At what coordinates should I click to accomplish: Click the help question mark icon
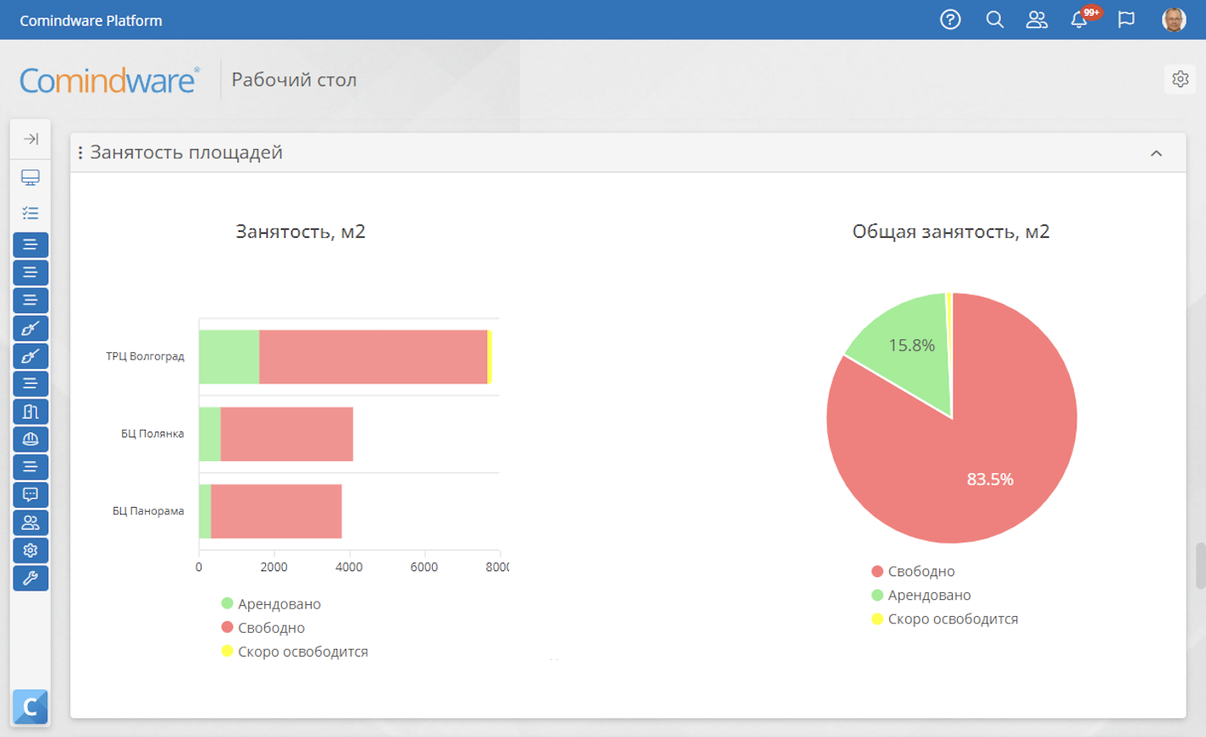(x=950, y=20)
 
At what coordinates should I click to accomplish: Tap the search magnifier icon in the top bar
(x=994, y=20)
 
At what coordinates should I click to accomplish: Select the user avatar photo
(x=1174, y=20)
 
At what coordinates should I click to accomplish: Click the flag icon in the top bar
(x=1126, y=20)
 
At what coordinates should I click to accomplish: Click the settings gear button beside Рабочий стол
(x=1180, y=79)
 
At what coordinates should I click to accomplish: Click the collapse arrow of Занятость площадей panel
(x=1157, y=153)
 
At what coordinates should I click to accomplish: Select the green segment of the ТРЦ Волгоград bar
(x=230, y=357)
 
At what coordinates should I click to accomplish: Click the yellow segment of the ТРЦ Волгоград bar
(x=490, y=357)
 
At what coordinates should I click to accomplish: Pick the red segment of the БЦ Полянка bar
(x=286, y=434)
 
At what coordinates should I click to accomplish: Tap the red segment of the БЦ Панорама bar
(x=276, y=511)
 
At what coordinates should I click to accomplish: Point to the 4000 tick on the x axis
(x=349, y=566)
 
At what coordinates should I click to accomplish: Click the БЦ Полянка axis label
(x=152, y=433)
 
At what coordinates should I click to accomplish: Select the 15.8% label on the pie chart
(x=911, y=345)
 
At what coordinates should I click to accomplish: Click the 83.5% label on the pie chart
(x=990, y=479)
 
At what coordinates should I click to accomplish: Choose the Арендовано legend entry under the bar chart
(x=271, y=603)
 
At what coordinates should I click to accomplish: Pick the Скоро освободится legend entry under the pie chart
(x=945, y=619)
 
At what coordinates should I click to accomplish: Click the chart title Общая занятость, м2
(x=951, y=231)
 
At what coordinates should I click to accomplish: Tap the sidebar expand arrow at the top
(x=30, y=139)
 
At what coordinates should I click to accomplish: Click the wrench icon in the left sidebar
(x=30, y=578)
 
